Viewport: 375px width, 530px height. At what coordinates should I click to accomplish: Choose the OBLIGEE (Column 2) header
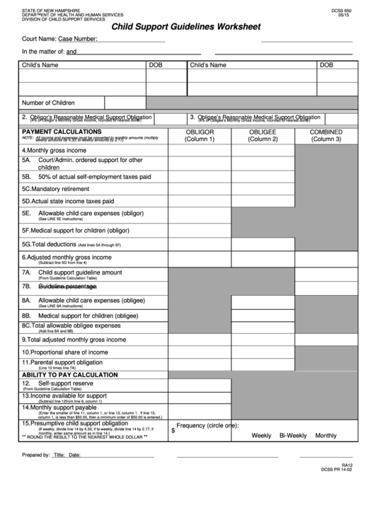tap(262, 135)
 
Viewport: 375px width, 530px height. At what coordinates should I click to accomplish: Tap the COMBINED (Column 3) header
tap(326, 135)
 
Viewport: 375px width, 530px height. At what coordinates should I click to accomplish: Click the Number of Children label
tap(48, 103)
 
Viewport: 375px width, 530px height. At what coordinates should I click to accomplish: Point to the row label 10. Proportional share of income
tap(64, 352)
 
